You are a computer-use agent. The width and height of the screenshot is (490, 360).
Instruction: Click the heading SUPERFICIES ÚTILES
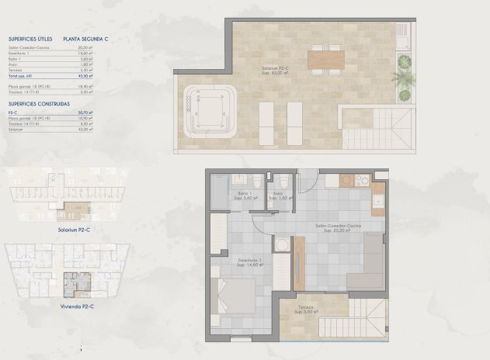coord(30,37)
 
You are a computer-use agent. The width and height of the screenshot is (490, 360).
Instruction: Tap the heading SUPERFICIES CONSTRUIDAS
coord(40,103)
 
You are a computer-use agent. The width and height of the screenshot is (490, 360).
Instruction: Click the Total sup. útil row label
coord(23,76)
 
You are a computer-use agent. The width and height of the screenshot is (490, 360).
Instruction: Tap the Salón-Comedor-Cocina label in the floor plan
coord(339,227)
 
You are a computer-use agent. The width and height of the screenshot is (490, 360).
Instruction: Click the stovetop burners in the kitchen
coord(361,181)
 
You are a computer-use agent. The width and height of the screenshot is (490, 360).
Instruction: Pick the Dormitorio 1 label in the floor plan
coord(248,261)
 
